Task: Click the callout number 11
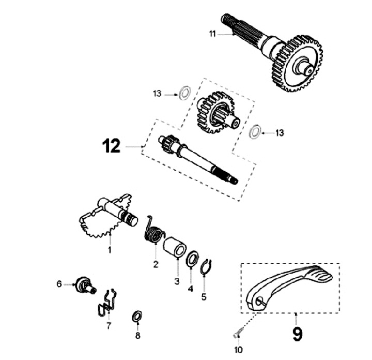tap(212, 34)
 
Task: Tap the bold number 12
tap(112, 147)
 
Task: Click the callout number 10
tap(239, 350)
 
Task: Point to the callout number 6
tap(59, 283)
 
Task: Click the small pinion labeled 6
tap(82, 283)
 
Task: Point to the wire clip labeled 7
tap(107, 302)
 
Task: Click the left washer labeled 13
tap(182, 95)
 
